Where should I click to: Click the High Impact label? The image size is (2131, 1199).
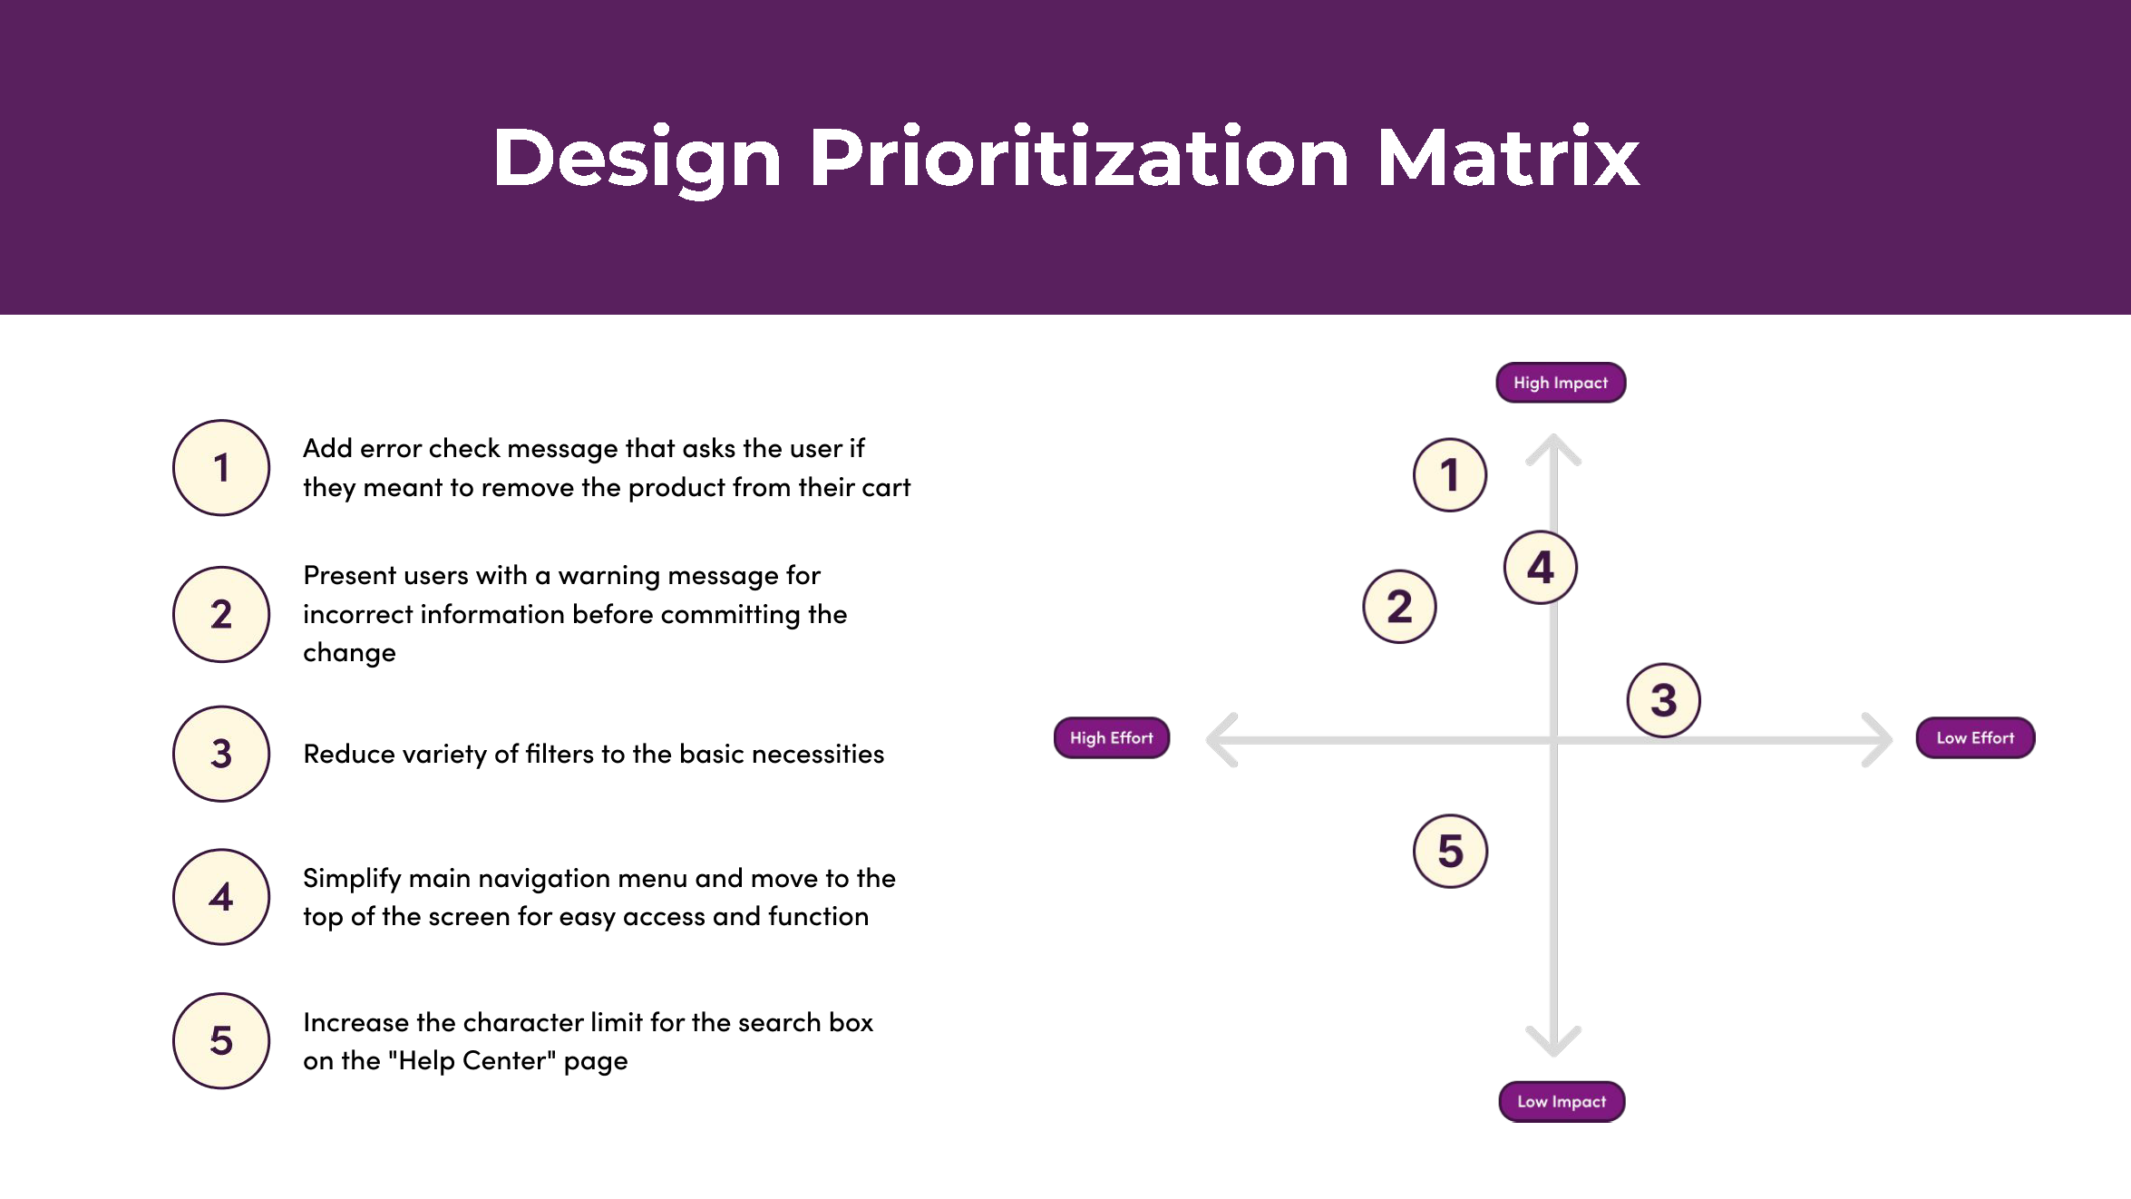(1560, 383)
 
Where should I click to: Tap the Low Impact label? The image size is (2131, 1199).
(1561, 1101)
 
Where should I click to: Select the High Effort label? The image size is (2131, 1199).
(1111, 737)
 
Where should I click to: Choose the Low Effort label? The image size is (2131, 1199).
(1974, 737)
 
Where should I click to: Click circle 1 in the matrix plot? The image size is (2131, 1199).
(1449, 474)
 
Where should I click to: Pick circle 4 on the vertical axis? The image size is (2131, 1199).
(1540, 568)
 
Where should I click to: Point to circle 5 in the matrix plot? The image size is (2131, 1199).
(1450, 851)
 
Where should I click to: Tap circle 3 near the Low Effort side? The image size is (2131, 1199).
(1663, 700)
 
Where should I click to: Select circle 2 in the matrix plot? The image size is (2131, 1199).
(1399, 607)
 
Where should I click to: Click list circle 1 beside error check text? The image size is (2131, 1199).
(221, 468)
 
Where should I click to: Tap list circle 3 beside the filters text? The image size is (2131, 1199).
(221, 754)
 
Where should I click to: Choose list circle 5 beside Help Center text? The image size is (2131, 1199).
(221, 1040)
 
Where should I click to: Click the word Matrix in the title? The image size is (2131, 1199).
(1507, 158)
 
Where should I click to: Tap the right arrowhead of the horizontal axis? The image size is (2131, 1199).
(1880, 740)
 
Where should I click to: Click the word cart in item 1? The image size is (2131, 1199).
(885, 488)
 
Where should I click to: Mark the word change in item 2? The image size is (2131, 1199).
(349, 653)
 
